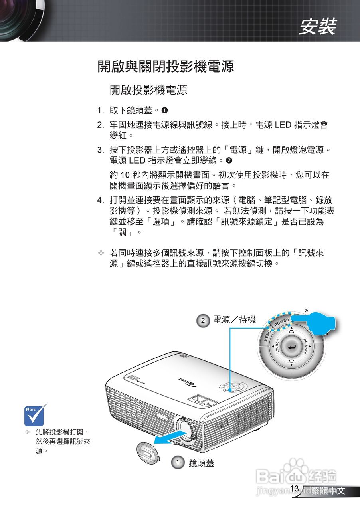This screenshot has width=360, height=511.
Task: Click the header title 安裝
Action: (x=318, y=27)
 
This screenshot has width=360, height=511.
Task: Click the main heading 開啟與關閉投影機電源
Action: (x=166, y=67)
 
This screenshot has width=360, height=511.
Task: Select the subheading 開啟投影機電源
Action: (x=148, y=90)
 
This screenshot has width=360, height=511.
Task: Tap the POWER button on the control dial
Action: (x=282, y=321)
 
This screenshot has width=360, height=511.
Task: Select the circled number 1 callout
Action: (x=178, y=463)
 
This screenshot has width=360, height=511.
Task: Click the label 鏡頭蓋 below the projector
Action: (x=201, y=463)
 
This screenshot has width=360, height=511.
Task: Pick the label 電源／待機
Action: (x=234, y=320)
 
